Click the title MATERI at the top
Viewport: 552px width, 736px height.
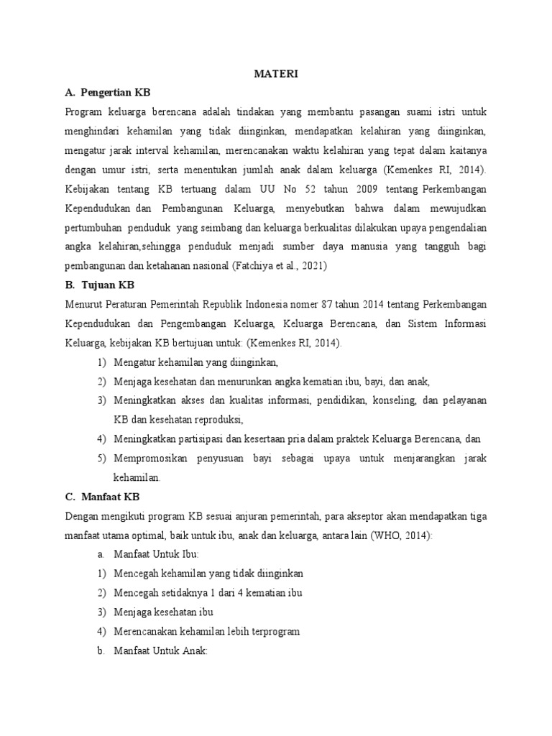275,73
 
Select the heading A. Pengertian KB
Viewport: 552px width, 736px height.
108,93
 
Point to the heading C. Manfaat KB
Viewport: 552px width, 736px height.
102,497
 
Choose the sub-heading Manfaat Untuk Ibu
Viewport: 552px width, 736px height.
156,554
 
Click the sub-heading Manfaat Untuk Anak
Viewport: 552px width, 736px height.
160,650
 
